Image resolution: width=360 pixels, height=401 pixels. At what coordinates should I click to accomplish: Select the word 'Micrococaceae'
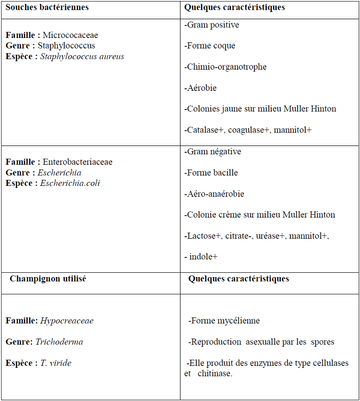[70, 35]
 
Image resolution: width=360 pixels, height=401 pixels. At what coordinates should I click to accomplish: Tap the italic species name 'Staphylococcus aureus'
[82, 56]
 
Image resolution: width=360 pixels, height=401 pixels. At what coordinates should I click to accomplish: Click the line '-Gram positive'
[211, 24]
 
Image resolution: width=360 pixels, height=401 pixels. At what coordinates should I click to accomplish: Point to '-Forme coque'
[210, 46]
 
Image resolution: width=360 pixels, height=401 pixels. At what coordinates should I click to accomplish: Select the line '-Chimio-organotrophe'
[225, 67]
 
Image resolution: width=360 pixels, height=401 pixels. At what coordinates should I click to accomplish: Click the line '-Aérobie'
[201, 88]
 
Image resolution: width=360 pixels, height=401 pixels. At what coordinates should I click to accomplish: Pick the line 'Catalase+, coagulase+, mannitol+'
[248, 130]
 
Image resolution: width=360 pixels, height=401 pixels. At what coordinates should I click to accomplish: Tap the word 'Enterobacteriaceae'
[77, 162]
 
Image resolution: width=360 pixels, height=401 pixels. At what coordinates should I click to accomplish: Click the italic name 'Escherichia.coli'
[70, 183]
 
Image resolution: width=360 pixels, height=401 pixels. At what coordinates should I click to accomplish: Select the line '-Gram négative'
[213, 151]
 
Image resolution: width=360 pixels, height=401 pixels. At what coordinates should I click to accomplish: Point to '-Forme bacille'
[211, 172]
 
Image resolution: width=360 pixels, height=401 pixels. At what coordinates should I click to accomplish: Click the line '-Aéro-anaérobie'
[214, 194]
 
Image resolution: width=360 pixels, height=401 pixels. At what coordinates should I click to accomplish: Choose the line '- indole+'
[201, 256]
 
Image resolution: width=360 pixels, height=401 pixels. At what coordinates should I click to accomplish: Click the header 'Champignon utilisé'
[48, 278]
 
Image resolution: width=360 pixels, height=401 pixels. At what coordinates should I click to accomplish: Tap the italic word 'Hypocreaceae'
[67, 320]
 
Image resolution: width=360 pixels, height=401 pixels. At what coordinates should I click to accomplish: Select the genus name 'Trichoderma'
[59, 341]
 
